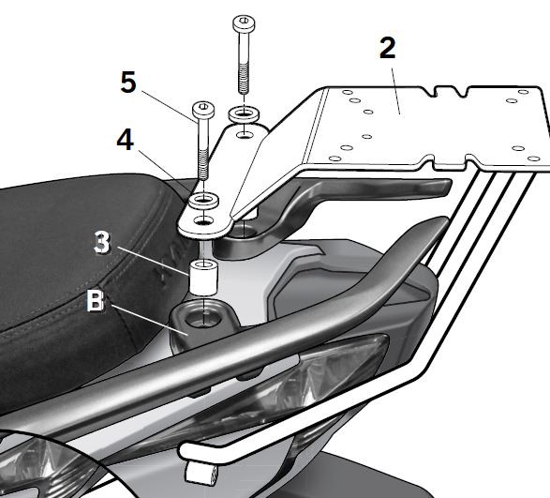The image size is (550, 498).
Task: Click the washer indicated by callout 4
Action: click(x=203, y=202)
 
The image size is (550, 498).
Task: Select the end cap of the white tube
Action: click(x=200, y=469)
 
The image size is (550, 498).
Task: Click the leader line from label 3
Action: click(x=159, y=257)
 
